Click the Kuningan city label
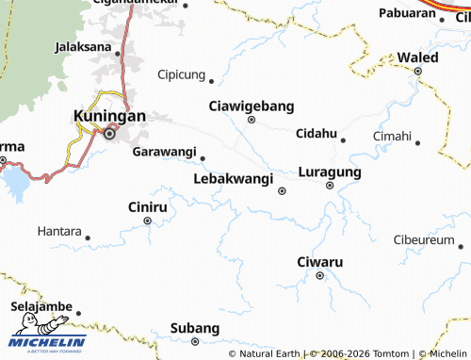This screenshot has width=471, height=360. click(x=109, y=116)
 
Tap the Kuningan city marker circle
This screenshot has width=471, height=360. click(x=109, y=134)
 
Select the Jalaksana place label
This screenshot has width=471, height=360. click(x=88, y=45)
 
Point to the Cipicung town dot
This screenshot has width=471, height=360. click(x=211, y=81)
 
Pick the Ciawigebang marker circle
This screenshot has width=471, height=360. click(x=252, y=120)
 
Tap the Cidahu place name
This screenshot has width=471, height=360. click(x=316, y=134)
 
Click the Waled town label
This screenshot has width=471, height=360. click(x=417, y=57)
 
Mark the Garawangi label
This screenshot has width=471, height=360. click(x=164, y=152)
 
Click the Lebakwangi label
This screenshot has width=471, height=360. click(x=233, y=177)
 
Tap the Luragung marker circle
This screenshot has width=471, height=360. click(x=330, y=186)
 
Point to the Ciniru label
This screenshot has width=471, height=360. click(x=147, y=205)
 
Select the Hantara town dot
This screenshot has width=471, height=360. click(x=89, y=237)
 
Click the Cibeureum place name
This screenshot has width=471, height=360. click(x=423, y=240)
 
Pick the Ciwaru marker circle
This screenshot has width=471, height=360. click(x=320, y=275)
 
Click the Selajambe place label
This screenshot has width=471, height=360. click(x=41, y=307)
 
